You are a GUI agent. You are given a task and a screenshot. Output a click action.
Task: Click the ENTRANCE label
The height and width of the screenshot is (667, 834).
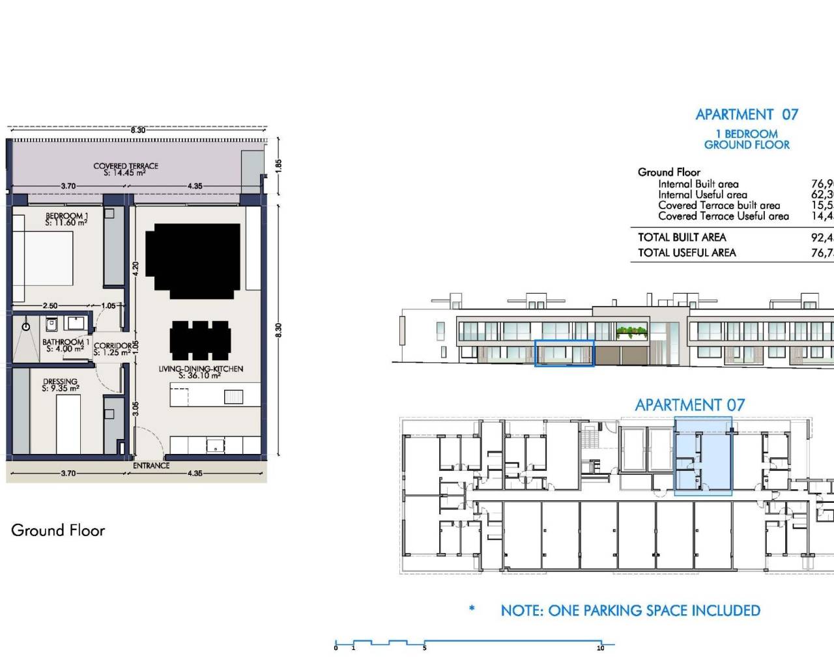(x=151, y=466)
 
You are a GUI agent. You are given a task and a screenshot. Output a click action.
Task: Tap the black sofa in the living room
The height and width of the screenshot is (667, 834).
(x=193, y=260)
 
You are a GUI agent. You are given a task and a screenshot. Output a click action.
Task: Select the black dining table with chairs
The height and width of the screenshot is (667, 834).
(x=200, y=340)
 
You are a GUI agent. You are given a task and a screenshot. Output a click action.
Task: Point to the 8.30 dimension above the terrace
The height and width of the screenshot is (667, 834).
(x=137, y=130)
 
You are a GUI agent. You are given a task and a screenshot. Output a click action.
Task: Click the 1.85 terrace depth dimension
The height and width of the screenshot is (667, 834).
(x=279, y=165)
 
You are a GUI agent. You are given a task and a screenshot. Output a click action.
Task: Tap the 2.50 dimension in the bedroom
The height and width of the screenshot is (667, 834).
(x=50, y=305)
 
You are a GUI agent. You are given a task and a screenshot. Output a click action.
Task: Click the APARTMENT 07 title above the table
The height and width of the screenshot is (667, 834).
(x=747, y=115)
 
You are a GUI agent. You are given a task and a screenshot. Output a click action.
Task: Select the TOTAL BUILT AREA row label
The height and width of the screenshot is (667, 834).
(x=682, y=237)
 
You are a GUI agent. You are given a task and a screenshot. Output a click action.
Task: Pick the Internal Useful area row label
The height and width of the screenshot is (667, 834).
(x=702, y=195)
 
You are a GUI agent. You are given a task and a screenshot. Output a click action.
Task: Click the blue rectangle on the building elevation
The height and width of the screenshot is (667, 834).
(x=564, y=353)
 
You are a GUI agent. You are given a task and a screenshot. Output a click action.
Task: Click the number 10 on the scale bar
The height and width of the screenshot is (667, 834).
(x=600, y=648)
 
